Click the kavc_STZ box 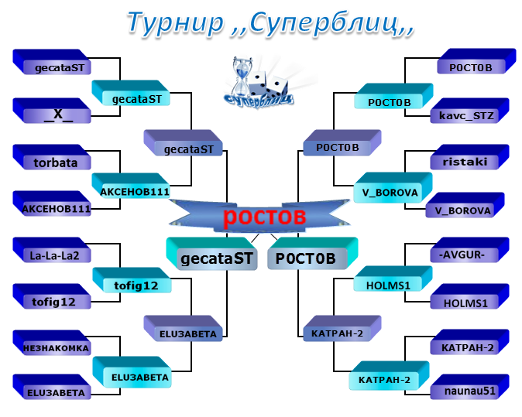(x=470, y=111)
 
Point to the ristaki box (x=470, y=157)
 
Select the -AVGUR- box (x=470, y=250)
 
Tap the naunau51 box (x=470, y=387)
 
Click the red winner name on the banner (x=264, y=217)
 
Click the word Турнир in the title (x=176, y=22)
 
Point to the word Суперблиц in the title (x=324, y=22)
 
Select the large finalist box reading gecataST (x=211, y=254)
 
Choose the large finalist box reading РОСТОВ (x=313, y=254)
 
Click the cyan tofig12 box (x=132, y=280)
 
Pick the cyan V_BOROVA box (x=393, y=187)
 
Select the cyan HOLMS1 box (x=393, y=279)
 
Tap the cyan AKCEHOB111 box (x=131, y=186)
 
